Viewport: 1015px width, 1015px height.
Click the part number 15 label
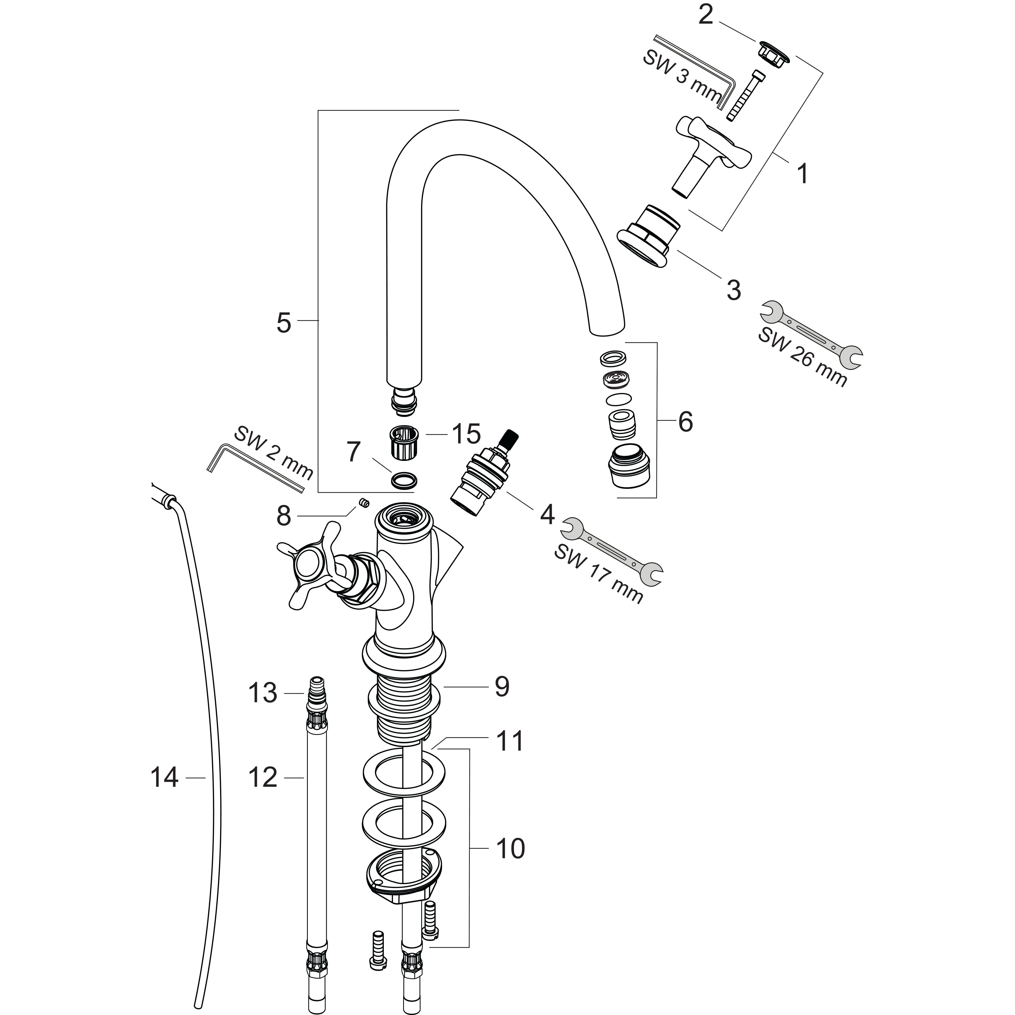[466, 434]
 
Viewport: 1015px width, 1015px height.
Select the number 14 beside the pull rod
[165, 777]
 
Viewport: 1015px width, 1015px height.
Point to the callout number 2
[705, 15]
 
